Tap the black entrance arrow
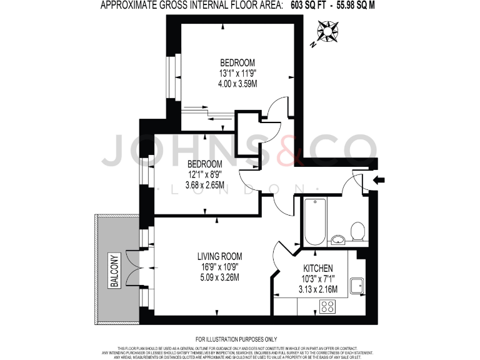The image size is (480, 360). pos(379,181)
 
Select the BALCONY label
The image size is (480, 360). pos(114,270)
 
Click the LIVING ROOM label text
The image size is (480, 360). pos(219,256)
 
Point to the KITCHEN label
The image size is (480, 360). pos(317,267)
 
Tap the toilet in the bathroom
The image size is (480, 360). pos(358,232)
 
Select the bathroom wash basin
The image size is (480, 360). pos(337,239)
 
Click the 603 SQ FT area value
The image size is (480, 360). pos(312,6)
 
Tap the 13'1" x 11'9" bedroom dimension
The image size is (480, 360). pos(237,73)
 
